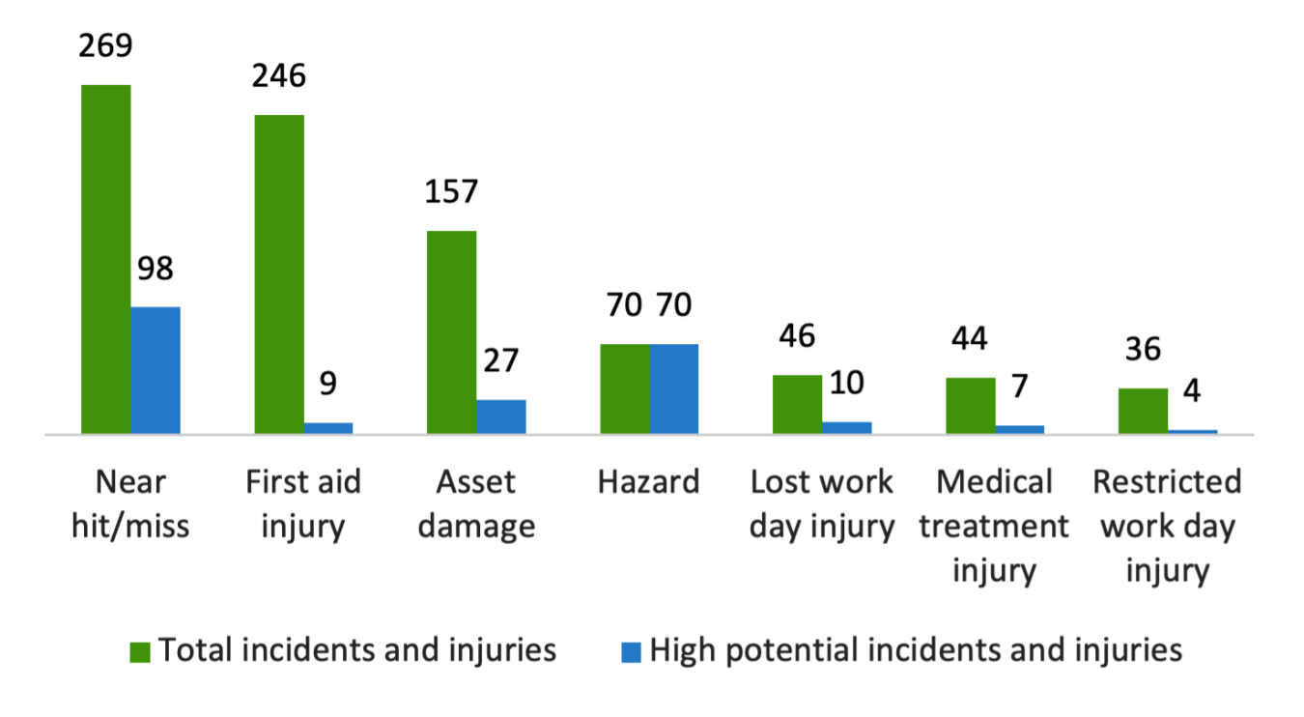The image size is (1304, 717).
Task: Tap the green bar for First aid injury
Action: coord(279,274)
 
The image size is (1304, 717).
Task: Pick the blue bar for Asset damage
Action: coord(501,416)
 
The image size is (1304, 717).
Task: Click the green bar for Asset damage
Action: coord(452,332)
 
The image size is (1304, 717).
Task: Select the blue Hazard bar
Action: coord(674,388)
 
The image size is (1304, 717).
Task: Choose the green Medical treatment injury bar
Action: coord(970,406)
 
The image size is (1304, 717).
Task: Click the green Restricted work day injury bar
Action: coord(1143,411)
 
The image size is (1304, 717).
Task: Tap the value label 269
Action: coord(105,45)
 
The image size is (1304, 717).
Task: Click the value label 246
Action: coord(279,75)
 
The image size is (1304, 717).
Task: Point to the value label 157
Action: coord(452,191)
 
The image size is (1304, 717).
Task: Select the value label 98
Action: coord(156,268)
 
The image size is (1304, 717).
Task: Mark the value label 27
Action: coord(501,360)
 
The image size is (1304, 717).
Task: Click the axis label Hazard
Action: coord(649,481)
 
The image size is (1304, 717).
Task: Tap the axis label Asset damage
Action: coord(476,503)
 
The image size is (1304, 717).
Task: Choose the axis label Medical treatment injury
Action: coord(994,526)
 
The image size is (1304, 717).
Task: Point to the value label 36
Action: coord(1143,349)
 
